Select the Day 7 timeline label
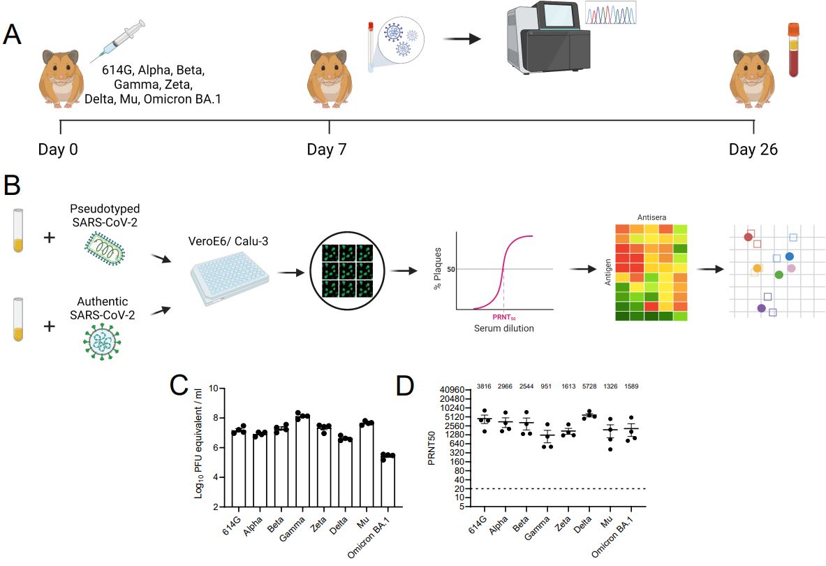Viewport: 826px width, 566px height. (327, 150)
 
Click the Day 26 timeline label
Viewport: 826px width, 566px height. (753, 150)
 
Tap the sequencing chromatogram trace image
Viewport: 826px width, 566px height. (610, 15)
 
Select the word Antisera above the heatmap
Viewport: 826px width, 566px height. (645, 218)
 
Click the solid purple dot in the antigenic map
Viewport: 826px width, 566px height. (761, 308)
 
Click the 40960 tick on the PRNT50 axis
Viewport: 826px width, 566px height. (457, 390)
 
